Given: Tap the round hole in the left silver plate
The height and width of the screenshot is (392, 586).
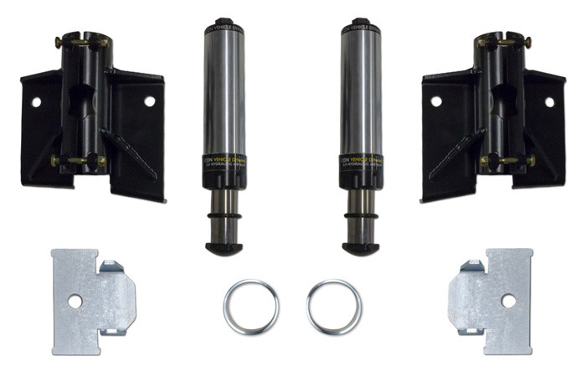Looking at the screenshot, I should [x=75, y=301].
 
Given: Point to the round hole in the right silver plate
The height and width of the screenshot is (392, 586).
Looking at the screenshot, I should [x=508, y=301].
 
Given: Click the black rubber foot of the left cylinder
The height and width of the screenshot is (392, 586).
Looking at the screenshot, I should [x=224, y=248].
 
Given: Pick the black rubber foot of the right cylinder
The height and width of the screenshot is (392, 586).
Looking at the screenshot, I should [x=361, y=248].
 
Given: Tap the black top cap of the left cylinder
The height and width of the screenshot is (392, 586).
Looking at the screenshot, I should [x=223, y=23].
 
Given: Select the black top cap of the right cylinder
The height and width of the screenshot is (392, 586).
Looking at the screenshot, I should [x=362, y=23].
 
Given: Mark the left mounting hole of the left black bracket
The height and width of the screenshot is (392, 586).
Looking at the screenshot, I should [x=36, y=101].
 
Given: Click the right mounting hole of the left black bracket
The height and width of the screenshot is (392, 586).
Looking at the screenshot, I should [x=149, y=101].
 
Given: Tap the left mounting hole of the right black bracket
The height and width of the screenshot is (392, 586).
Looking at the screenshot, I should [x=436, y=101].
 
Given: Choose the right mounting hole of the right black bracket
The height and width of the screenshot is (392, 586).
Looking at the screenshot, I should [x=549, y=101].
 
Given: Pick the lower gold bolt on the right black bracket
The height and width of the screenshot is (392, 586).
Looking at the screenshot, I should [x=506, y=160].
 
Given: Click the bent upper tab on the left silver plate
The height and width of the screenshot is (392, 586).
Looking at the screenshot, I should [x=113, y=268].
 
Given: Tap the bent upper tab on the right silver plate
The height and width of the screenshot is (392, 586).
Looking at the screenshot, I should [x=471, y=268].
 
